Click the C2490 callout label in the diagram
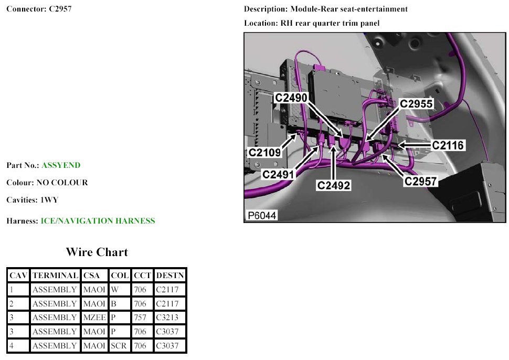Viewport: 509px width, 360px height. [x=291, y=98]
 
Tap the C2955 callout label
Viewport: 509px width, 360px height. [x=416, y=103]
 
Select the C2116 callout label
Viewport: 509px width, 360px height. [x=448, y=145]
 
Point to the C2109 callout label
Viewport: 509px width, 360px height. [x=264, y=152]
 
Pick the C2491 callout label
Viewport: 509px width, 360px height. [x=278, y=175]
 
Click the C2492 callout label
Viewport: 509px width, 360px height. [x=334, y=185]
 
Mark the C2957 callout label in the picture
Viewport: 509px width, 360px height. [x=421, y=181]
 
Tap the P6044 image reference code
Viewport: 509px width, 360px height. [x=262, y=215]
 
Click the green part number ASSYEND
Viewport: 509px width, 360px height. [x=61, y=165]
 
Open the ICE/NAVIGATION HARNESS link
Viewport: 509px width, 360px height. [x=98, y=221]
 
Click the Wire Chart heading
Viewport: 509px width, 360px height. [x=97, y=252]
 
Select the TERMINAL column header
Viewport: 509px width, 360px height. [x=56, y=276]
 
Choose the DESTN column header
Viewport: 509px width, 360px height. [x=170, y=276]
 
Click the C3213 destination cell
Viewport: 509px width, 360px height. [x=167, y=317]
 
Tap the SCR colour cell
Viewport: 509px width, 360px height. [x=119, y=346]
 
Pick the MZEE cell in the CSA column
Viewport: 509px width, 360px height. [x=94, y=317]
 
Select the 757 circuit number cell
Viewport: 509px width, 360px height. [x=140, y=317]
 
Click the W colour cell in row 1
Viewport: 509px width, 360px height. [x=114, y=290]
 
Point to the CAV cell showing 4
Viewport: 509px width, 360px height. [x=12, y=346]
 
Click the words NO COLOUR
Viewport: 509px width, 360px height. [x=62, y=183]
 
